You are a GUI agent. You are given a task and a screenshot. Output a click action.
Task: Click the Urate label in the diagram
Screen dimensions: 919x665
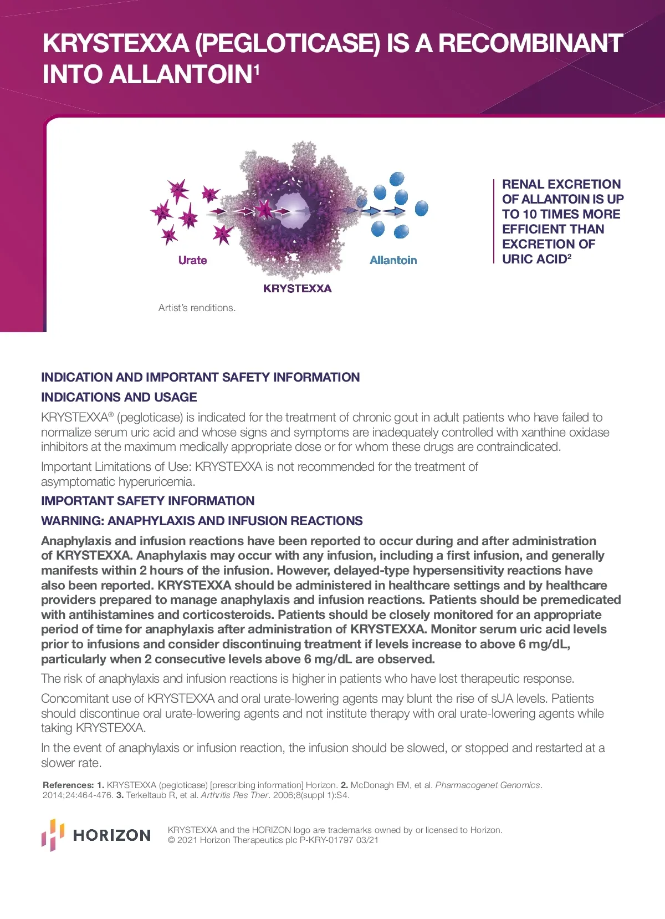192,260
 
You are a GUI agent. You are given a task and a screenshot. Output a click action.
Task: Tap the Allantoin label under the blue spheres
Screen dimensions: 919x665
393,260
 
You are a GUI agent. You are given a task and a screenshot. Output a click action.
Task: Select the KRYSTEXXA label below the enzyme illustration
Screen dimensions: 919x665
297,288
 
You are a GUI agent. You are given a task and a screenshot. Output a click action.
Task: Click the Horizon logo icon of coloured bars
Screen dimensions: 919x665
53,835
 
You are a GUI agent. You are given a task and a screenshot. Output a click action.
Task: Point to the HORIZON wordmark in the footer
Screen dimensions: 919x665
112,835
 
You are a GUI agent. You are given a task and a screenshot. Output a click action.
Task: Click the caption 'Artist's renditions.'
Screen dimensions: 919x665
197,308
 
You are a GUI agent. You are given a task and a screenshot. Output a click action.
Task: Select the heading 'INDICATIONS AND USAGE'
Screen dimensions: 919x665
119,397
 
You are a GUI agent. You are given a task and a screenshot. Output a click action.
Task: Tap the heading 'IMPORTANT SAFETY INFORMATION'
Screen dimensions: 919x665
148,501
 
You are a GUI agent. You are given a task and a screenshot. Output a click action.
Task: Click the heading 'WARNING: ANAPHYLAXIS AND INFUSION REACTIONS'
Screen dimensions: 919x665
202,521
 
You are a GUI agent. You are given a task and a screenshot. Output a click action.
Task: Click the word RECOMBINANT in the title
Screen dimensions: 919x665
530,43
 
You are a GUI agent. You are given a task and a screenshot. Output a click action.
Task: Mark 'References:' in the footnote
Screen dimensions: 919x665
68,785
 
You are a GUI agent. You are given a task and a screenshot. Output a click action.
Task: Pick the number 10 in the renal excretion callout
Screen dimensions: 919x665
530,214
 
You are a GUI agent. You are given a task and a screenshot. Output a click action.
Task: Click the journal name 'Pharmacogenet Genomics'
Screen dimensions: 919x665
488,785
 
